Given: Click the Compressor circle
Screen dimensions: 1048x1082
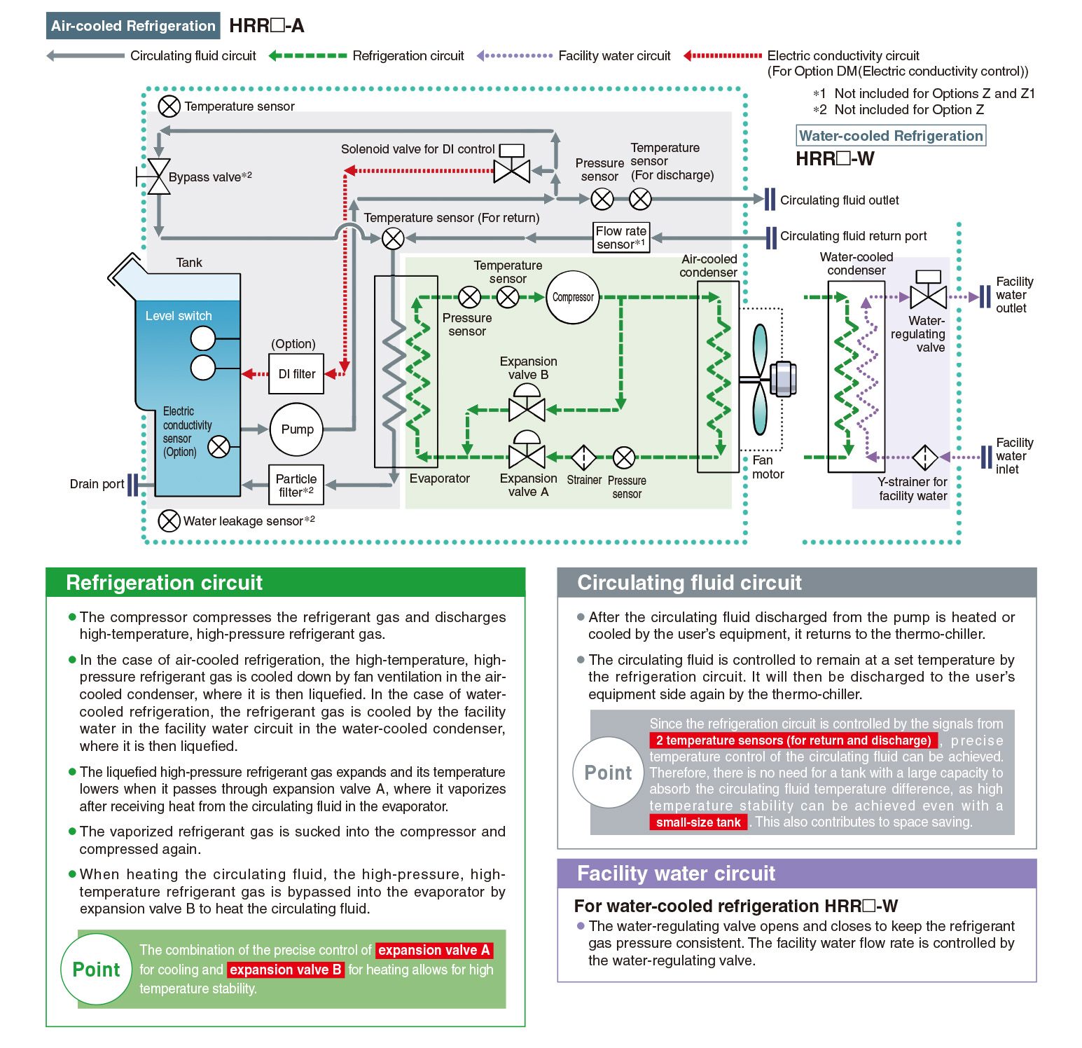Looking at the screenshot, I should [x=573, y=298].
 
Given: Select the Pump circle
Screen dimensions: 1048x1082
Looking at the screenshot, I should [x=297, y=429].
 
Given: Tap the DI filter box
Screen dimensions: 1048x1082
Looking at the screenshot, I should [x=296, y=374].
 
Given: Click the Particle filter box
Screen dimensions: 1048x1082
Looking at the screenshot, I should [x=296, y=485].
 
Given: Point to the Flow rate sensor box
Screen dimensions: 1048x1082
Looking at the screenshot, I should [x=621, y=237].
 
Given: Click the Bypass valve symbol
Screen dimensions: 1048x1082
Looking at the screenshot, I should [x=159, y=177].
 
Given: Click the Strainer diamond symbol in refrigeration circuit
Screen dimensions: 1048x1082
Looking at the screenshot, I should [x=583, y=458].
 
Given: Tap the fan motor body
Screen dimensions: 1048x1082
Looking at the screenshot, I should [x=782, y=379].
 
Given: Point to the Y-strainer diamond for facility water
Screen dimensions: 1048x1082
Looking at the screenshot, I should [x=925, y=457].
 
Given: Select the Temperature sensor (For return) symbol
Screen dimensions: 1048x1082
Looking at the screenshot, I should [x=393, y=238].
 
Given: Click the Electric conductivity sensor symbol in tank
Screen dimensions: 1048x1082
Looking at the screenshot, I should [x=219, y=446].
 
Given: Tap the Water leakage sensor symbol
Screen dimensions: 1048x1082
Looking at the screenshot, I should [x=169, y=520].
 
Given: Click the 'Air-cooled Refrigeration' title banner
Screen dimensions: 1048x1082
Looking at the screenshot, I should [x=133, y=26].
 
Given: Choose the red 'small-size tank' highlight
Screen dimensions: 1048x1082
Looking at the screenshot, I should [x=698, y=822].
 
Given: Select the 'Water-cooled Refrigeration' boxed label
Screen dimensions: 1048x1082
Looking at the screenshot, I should [x=891, y=135].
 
